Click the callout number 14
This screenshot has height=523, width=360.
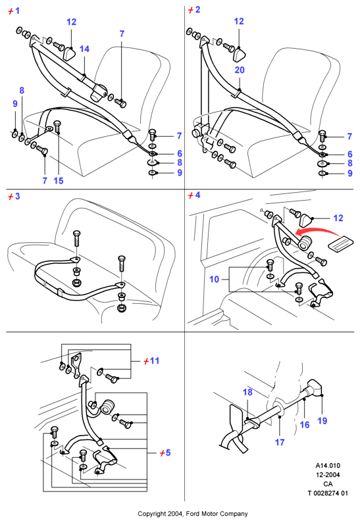pyautogui.click(x=84, y=49)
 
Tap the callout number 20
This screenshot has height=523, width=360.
pyautogui.click(x=240, y=70)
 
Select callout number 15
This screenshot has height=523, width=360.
pyautogui.click(x=59, y=181)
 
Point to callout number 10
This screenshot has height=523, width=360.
pyautogui.click(x=214, y=279)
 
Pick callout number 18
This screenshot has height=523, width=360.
pyautogui.click(x=247, y=392)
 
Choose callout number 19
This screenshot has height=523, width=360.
pyautogui.click(x=322, y=421)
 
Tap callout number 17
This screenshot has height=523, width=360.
pyautogui.click(x=280, y=443)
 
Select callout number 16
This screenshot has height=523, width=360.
pyautogui.click(x=305, y=424)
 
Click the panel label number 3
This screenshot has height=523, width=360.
pyautogui.click(x=17, y=196)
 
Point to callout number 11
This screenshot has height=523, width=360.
pyautogui.click(x=155, y=361)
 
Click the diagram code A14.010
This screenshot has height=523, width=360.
pyautogui.click(x=328, y=466)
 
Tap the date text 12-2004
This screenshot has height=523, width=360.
pyautogui.click(x=328, y=474)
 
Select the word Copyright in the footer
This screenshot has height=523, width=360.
pyautogui.click(x=151, y=514)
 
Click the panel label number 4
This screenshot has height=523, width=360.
pyautogui.click(x=197, y=195)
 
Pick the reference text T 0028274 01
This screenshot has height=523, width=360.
pyautogui.click(x=328, y=493)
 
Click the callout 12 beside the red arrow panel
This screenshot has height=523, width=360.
pyautogui.click(x=338, y=218)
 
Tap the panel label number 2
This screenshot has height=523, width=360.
pyautogui.click(x=197, y=10)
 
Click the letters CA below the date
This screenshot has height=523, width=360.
pyautogui.click(x=328, y=484)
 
